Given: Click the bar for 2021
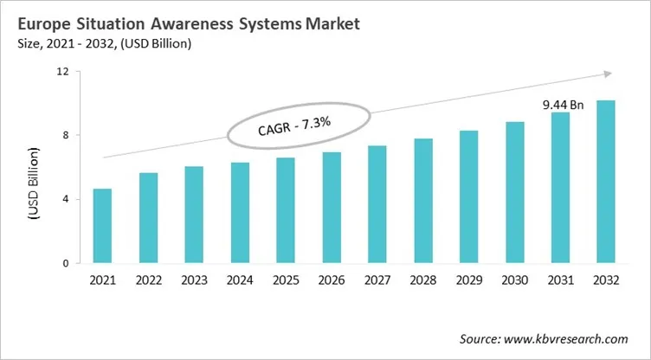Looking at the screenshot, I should tap(102, 226).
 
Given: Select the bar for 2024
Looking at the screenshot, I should tap(240, 213).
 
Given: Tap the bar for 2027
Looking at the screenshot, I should tap(377, 204).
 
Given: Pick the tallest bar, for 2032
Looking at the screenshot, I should tap(605, 182).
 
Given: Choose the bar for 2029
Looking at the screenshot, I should tap(468, 196).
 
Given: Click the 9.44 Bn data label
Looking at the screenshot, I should tap(563, 105).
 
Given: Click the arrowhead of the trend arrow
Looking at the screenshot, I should tap(609, 74).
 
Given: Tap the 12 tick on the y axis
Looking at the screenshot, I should tap(61, 71).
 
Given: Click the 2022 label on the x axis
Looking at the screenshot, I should tap(148, 279).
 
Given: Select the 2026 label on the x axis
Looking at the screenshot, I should tap(331, 279).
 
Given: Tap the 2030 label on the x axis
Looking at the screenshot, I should tap(514, 279).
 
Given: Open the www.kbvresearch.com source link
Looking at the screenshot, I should tap(569, 338).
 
